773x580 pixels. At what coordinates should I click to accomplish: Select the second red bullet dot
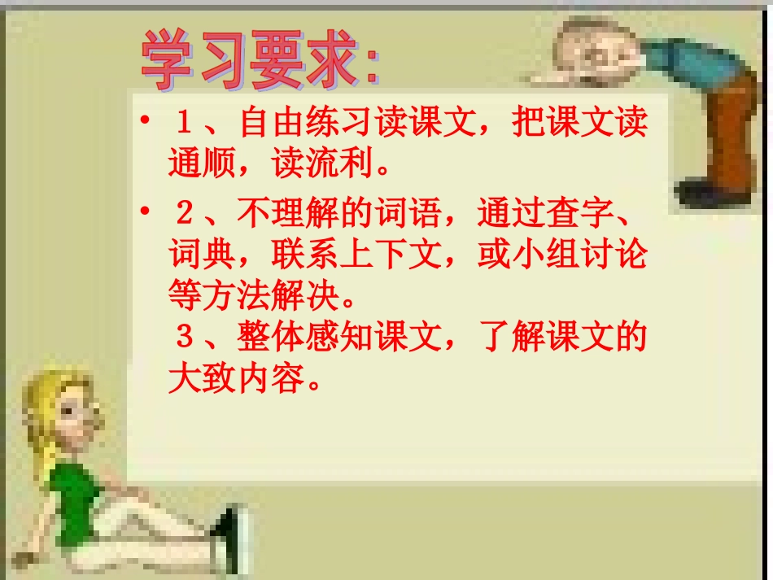pyautogui.click(x=144, y=213)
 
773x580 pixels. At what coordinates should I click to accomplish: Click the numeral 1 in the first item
pyautogui.click(x=184, y=124)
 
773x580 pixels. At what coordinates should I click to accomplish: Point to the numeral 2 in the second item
pyautogui.click(x=184, y=214)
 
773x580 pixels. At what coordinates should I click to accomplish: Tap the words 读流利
pyautogui.click(x=322, y=165)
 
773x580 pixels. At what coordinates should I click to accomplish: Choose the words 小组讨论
pyautogui.click(x=579, y=255)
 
